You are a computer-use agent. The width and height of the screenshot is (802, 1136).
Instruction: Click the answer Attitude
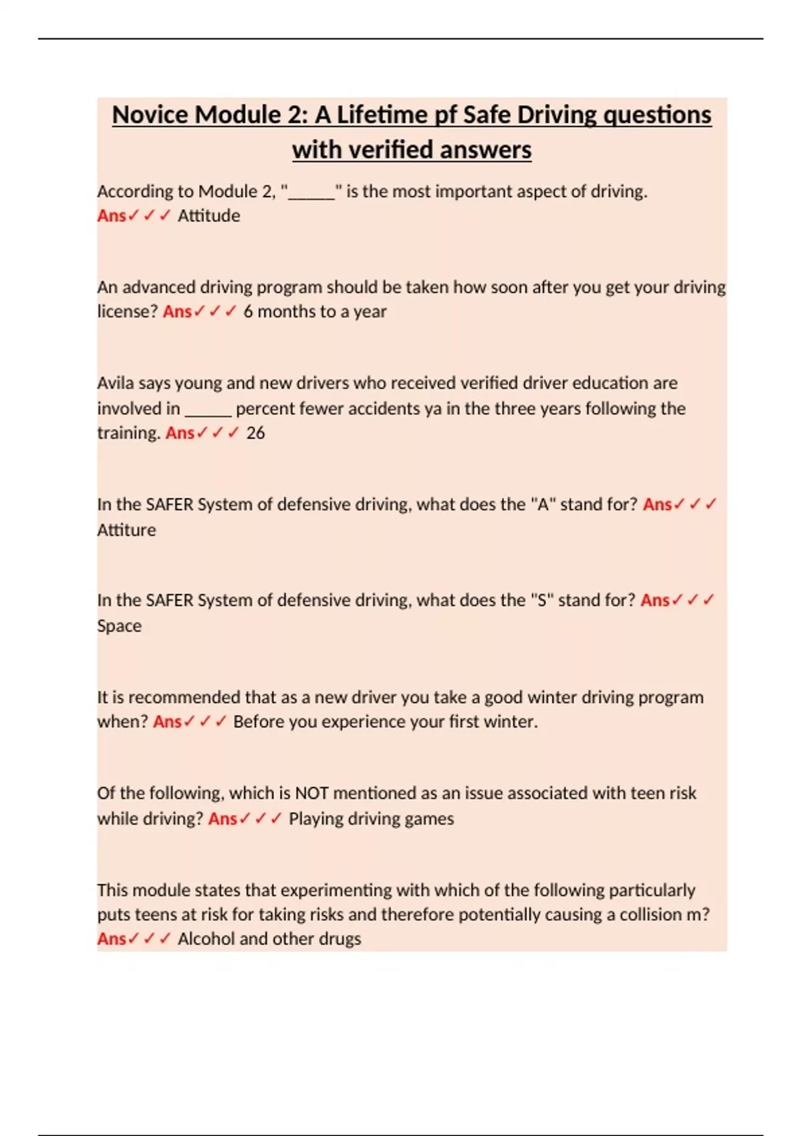209,216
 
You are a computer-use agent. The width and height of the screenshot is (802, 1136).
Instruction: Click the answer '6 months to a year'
315,312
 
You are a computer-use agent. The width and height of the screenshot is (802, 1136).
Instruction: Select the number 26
255,433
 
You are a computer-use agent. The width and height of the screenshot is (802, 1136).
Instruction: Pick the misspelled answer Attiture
126,530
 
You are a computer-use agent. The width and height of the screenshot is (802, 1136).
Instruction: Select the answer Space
119,626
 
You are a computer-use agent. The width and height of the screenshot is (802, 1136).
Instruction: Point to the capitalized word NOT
311,793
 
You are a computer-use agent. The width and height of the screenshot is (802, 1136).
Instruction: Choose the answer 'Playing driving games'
371,819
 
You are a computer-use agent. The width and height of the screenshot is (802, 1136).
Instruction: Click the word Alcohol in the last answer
205,939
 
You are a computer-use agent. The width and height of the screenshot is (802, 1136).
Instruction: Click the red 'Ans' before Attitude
111,216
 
